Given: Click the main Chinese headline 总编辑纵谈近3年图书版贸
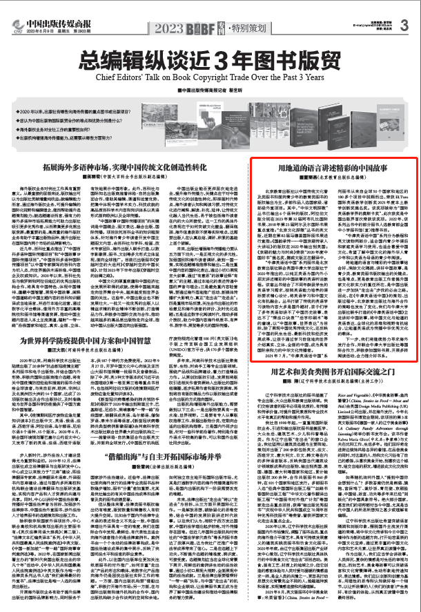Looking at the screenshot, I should pos(210,60).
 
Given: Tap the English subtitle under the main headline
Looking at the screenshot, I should pos(210,77).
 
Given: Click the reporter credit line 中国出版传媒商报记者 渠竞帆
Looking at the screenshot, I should pos(210,90).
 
